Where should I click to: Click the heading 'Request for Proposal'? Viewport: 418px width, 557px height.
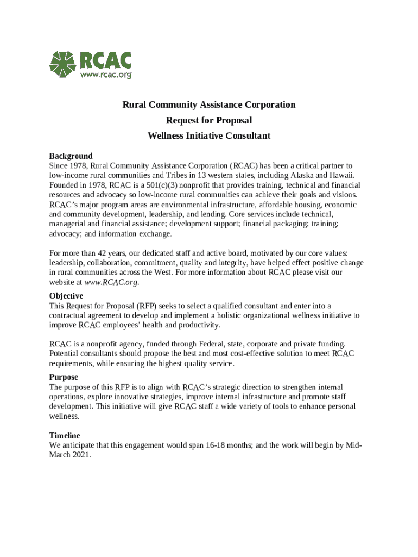point(209,120)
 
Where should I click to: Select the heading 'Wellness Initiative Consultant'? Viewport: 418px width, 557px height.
point(209,136)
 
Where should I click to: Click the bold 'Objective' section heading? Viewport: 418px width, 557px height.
point(66,296)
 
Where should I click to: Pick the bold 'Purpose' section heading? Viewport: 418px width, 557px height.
point(64,377)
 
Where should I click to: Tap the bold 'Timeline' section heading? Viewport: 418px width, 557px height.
point(65,436)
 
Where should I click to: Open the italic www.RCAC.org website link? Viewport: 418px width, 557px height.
point(112,282)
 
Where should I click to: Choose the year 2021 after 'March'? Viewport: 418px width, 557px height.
point(80,455)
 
